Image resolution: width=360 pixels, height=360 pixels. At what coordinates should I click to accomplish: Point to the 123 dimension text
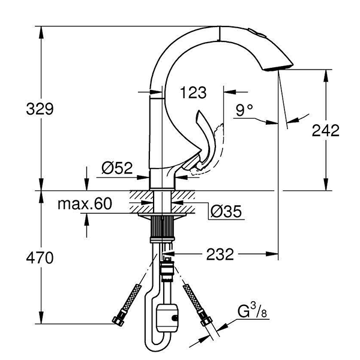[193, 92]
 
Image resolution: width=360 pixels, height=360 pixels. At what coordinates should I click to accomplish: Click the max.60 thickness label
[85, 204]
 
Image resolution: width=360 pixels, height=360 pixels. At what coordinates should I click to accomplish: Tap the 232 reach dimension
[220, 255]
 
